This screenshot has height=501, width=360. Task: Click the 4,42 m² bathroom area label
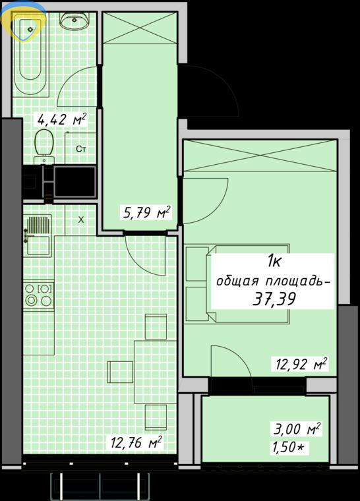click(62, 119)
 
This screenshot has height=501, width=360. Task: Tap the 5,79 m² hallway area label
click(146, 212)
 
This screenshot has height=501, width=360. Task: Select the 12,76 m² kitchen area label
click(136, 442)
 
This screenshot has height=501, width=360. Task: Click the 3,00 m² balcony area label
click(297, 428)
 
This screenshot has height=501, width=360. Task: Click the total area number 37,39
click(274, 299)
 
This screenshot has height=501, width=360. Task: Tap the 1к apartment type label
click(274, 262)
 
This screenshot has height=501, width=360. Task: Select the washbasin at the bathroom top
click(74, 21)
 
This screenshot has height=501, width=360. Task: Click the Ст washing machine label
click(81, 149)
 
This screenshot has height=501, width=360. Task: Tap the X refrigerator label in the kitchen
click(81, 220)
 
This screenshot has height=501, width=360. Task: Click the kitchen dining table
click(156, 372)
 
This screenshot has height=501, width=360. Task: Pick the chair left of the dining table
click(120, 372)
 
